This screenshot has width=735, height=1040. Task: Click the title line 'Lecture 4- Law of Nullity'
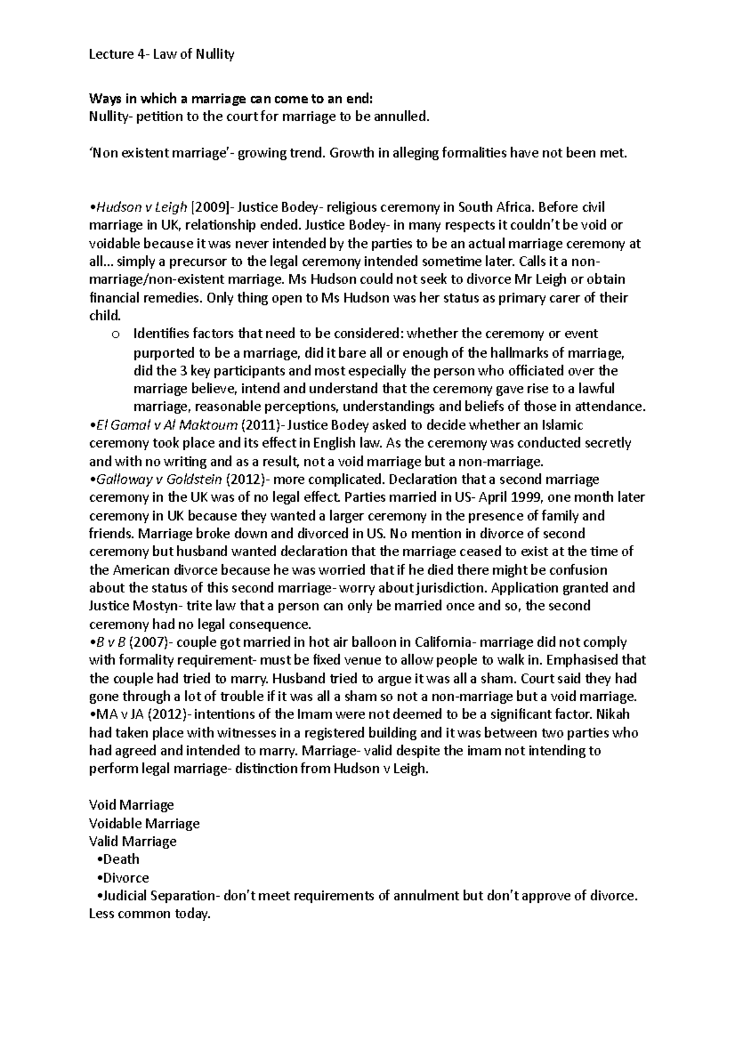pos(162,55)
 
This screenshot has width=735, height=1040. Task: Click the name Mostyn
pos(153,606)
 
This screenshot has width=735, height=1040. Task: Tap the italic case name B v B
pos(107,642)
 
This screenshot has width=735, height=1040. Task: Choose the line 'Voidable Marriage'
pos(145,824)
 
